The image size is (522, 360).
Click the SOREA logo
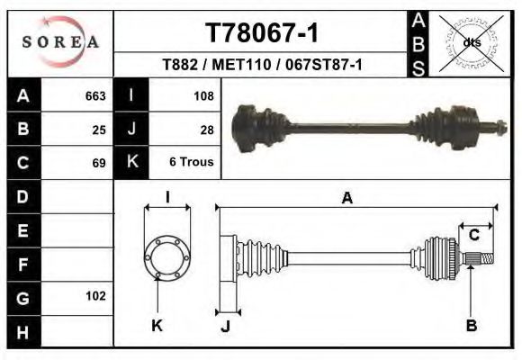(x=60, y=42)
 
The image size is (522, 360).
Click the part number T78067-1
(x=261, y=33)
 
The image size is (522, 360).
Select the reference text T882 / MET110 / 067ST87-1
(x=262, y=65)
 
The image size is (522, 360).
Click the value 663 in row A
(x=94, y=95)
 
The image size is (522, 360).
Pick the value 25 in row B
(x=99, y=129)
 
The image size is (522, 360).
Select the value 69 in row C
(x=99, y=163)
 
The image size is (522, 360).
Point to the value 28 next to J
(x=206, y=129)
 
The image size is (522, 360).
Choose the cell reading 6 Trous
(x=191, y=163)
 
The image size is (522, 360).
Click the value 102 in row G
(x=95, y=296)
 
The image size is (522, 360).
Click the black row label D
(x=22, y=196)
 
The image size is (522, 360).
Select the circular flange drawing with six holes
(x=167, y=256)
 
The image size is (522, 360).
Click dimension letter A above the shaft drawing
(x=347, y=199)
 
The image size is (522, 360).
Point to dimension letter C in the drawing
(x=473, y=236)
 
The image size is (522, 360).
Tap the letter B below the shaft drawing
(x=471, y=326)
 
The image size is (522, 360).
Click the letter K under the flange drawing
(x=157, y=326)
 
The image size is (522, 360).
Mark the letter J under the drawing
(x=225, y=326)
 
